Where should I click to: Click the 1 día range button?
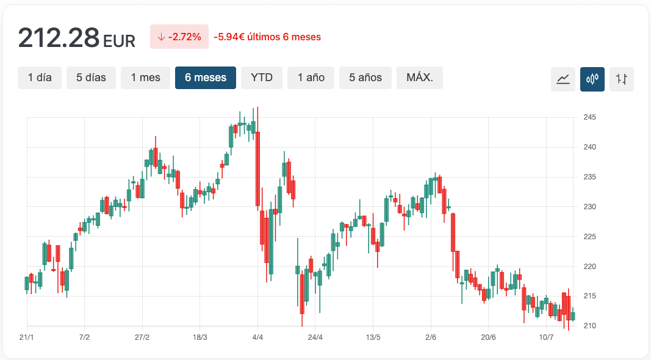(x=40, y=78)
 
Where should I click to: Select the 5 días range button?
(x=91, y=78)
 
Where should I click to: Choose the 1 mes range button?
(x=145, y=78)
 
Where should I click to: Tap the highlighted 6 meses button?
(x=206, y=78)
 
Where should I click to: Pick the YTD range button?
(x=262, y=78)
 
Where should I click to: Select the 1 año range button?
(x=311, y=78)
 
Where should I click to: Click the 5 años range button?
(x=365, y=78)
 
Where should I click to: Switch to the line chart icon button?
(x=563, y=79)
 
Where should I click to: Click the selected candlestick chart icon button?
(x=592, y=79)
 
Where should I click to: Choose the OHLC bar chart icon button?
(x=622, y=79)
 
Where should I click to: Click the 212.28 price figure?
(x=59, y=38)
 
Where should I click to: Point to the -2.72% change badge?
(x=179, y=37)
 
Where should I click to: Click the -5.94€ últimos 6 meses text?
(x=267, y=37)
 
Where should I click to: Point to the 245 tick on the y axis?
(x=589, y=117)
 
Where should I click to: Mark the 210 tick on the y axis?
(x=589, y=326)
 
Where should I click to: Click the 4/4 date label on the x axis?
(x=257, y=337)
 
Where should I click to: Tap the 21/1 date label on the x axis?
(x=26, y=337)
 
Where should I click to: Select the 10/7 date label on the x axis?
(x=546, y=337)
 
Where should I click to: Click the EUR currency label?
(x=119, y=41)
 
